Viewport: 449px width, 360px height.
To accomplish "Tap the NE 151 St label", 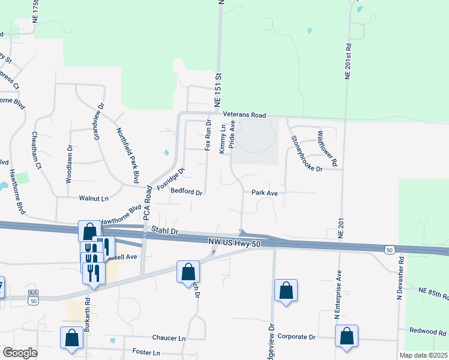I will pyautogui.click(x=219, y=91).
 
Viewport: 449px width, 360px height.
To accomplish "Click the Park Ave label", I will pyautogui.click(x=264, y=193).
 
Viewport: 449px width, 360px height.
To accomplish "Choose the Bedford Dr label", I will pyautogui.click(x=187, y=193).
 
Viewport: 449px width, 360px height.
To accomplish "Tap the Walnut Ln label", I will pyautogui.click(x=94, y=197).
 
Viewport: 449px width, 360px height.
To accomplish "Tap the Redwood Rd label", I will pyautogui.click(x=427, y=331).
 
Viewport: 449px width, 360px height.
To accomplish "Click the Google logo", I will pyautogui.click(x=20, y=353).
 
